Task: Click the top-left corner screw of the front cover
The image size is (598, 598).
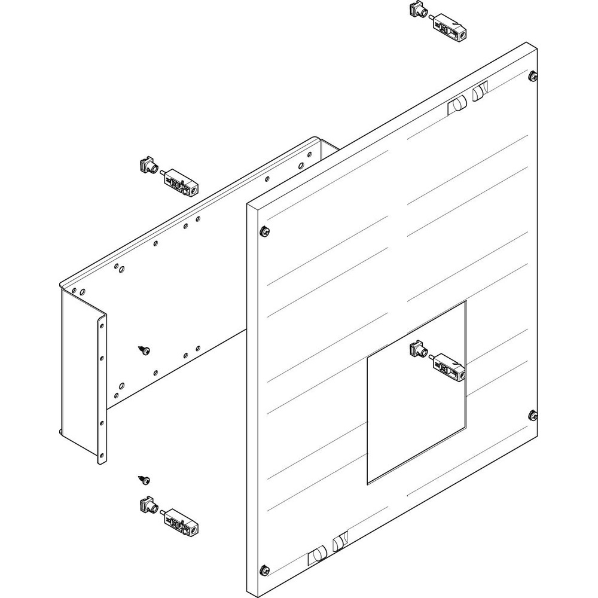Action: [264, 231]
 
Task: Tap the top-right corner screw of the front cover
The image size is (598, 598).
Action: [532, 75]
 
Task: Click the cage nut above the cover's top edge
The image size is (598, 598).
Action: [416, 10]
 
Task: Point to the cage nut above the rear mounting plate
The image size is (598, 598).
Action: [147, 164]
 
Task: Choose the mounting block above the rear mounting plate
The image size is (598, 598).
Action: [180, 182]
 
